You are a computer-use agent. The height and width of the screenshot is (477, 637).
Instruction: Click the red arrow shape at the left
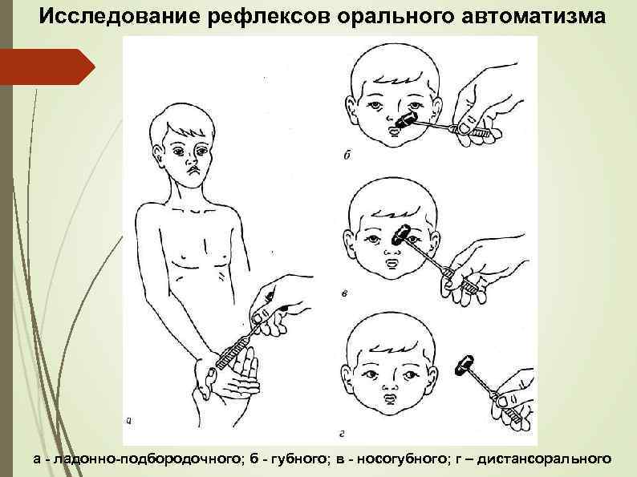[x=47, y=66]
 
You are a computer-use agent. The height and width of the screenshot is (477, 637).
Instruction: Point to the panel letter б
[x=347, y=154]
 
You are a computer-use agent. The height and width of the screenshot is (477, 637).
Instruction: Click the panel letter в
[x=344, y=293]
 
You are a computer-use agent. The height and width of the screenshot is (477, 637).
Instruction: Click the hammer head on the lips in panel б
[x=406, y=121]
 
